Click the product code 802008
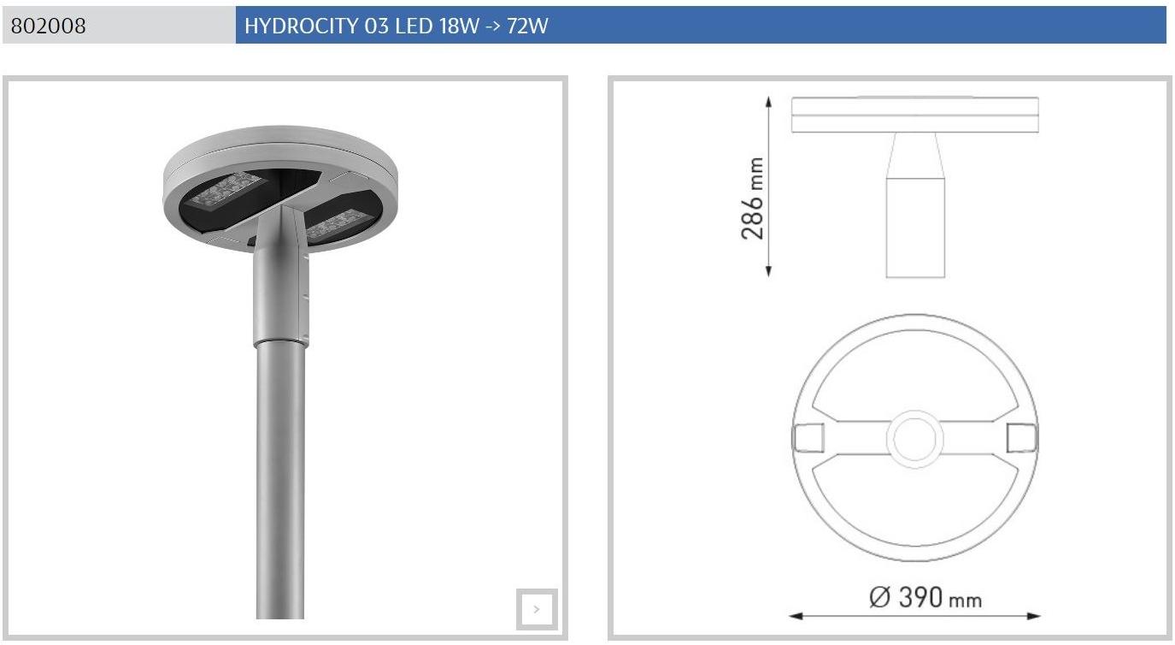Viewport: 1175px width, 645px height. (49, 26)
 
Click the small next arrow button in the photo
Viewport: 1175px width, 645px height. (537, 609)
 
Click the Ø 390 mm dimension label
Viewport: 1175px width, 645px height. (925, 597)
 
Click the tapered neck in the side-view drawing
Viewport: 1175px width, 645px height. (915, 155)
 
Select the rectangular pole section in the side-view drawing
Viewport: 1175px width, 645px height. (915, 227)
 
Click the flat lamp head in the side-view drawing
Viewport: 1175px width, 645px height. (914, 115)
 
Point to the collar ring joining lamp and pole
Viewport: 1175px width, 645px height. (279, 341)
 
